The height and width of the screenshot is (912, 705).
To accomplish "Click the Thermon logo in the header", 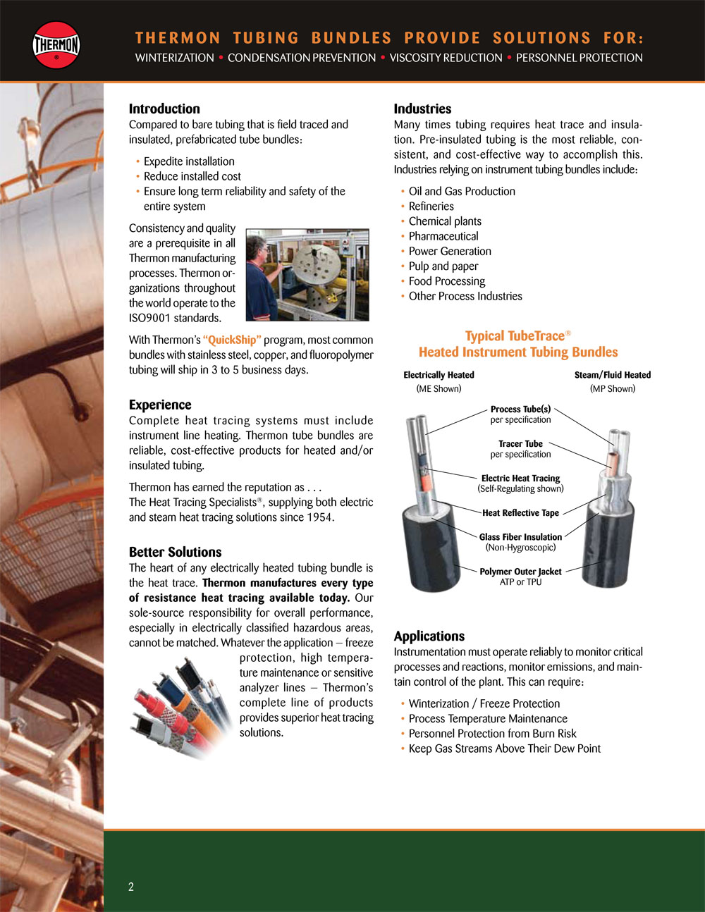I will pyautogui.click(x=56, y=45).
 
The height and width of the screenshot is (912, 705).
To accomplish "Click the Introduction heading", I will pyautogui.click(x=164, y=109).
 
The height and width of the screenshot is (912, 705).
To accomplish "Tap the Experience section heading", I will pyautogui.click(x=160, y=405).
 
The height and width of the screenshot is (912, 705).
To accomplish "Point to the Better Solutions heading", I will pyautogui.click(x=175, y=552).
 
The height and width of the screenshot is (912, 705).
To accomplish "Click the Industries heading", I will pyautogui.click(x=422, y=109).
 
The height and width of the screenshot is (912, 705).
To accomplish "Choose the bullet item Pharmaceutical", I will pyautogui.click(x=443, y=236).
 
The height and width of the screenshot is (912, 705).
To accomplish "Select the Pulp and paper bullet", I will pyautogui.click(x=443, y=266).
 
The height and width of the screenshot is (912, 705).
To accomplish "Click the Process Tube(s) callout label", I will pyautogui.click(x=520, y=409).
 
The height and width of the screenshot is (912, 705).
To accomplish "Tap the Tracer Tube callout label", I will pyautogui.click(x=520, y=444).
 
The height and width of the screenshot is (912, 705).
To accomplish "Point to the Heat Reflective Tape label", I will pyautogui.click(x=520, y=513).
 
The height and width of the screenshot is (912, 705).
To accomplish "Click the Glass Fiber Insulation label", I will pyautogui.click(x=520, y=537).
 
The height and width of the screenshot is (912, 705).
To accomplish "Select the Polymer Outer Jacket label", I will pyautogui.click(x=520, y=572).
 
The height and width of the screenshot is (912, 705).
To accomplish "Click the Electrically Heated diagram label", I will pyautogui.click(x=439, y=375).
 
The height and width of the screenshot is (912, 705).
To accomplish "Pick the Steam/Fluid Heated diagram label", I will pyautogui.click(x=612, y=375).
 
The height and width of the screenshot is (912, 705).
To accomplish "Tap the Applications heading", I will pyautogui.click(x=429, y=636).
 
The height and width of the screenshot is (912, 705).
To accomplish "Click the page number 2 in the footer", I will pyautogui.click(x=131, y=887).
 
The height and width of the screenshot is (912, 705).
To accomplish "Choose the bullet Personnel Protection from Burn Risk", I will pyautogui.click(x=492, y=734).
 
